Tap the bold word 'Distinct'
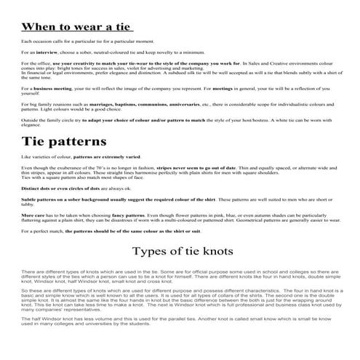31,188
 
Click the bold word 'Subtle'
29,199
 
